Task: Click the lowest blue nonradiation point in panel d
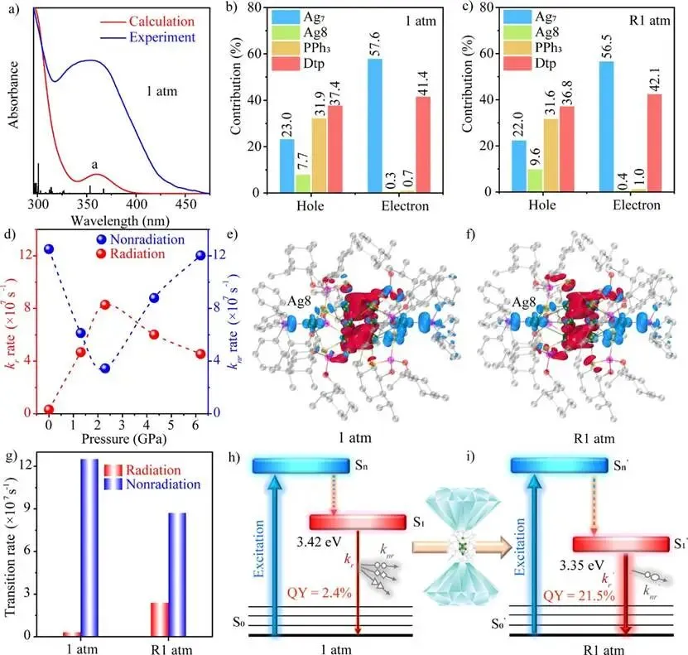point(105,368)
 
